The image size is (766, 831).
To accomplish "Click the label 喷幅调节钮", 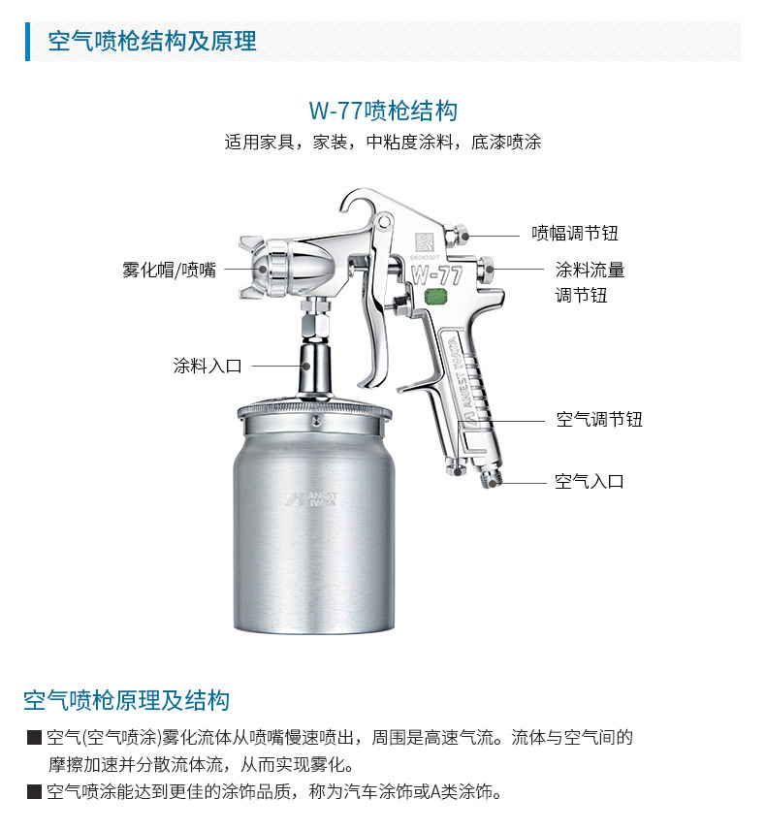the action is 575,233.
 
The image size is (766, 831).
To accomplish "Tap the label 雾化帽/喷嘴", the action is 169,270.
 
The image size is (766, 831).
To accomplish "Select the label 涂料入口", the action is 207,366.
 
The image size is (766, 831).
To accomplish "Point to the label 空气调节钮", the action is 599,419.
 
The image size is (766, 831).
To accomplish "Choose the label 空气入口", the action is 589,481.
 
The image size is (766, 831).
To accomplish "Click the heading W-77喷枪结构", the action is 383,111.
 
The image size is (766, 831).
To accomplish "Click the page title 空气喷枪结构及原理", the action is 152,42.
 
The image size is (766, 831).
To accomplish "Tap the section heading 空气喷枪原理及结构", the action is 126,700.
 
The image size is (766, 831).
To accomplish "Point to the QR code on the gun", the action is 424,242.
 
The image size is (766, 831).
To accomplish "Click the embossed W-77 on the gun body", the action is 436,274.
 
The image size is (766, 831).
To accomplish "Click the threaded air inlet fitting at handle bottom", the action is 493,478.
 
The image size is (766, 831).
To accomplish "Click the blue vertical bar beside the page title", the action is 27,42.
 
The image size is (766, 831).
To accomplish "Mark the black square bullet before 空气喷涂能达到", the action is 35,791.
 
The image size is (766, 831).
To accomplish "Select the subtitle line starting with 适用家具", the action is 383,142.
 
